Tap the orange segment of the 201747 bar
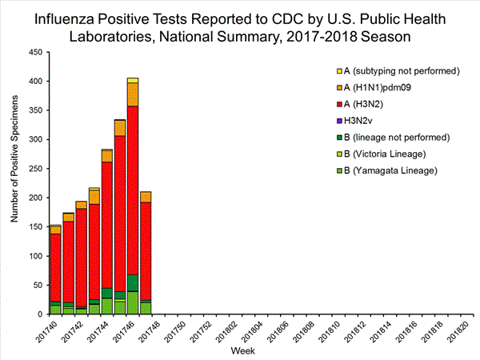146,197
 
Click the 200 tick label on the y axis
36,198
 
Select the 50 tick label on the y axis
38,285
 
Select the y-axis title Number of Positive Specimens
14,182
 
